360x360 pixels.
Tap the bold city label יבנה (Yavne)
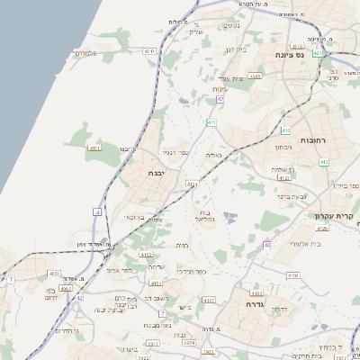pyautogui.click(x=144, y=174)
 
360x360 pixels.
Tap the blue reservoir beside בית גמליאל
pyautogui.click(x=229, y=217)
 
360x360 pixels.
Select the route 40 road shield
pyautogui.click(x=267, y=245)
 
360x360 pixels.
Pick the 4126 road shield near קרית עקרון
pyautogui.click(x=322, y=229)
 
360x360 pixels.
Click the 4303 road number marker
pyautogui.click(x=255, y=76)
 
